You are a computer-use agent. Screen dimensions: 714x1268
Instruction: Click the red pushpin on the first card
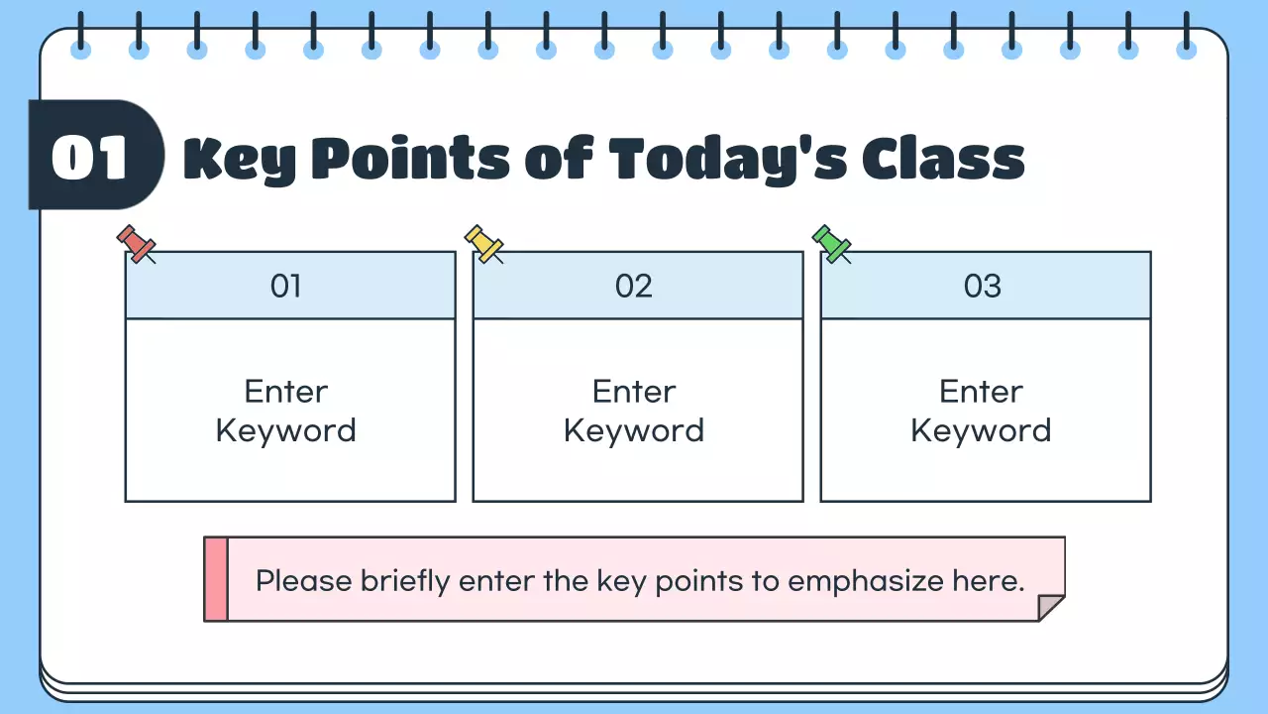pos(136,243)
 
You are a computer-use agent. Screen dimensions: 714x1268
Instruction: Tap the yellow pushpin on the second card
pos(483,243)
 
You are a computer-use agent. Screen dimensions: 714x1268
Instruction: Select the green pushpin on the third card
pos(831,243)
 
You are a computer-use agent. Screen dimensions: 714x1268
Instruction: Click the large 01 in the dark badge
pos(90,157)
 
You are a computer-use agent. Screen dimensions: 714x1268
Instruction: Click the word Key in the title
pos(240,159)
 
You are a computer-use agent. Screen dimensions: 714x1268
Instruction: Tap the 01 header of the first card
pos(285,287)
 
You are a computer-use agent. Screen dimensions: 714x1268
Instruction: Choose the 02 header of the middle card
pos(634,287)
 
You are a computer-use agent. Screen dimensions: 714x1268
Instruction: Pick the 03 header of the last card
pos(983,287)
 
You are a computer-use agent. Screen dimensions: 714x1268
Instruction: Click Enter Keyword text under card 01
pos(286,411)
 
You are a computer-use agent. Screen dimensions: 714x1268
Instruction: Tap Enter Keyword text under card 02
pos(634,411)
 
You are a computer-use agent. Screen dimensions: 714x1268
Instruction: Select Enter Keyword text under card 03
pos(982,411)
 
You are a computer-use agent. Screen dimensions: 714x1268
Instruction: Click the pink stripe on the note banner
pos(216,579)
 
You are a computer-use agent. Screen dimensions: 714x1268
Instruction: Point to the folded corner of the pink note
pos(1049,607)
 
